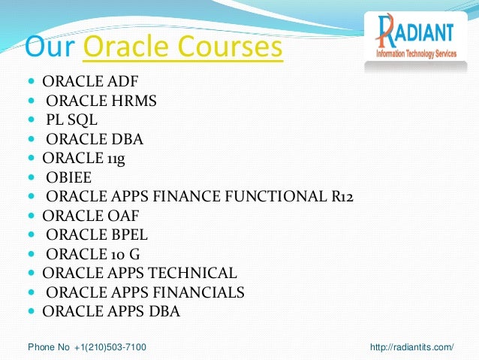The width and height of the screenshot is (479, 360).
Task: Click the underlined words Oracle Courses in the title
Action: coord(183,47)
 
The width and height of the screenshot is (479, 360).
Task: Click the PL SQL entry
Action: coord(71,119)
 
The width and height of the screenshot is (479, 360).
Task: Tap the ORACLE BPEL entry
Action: coord(95,234)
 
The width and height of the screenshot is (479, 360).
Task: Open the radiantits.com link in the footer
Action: coord(413,346)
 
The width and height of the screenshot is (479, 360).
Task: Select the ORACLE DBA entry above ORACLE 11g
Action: coord(94,138)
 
